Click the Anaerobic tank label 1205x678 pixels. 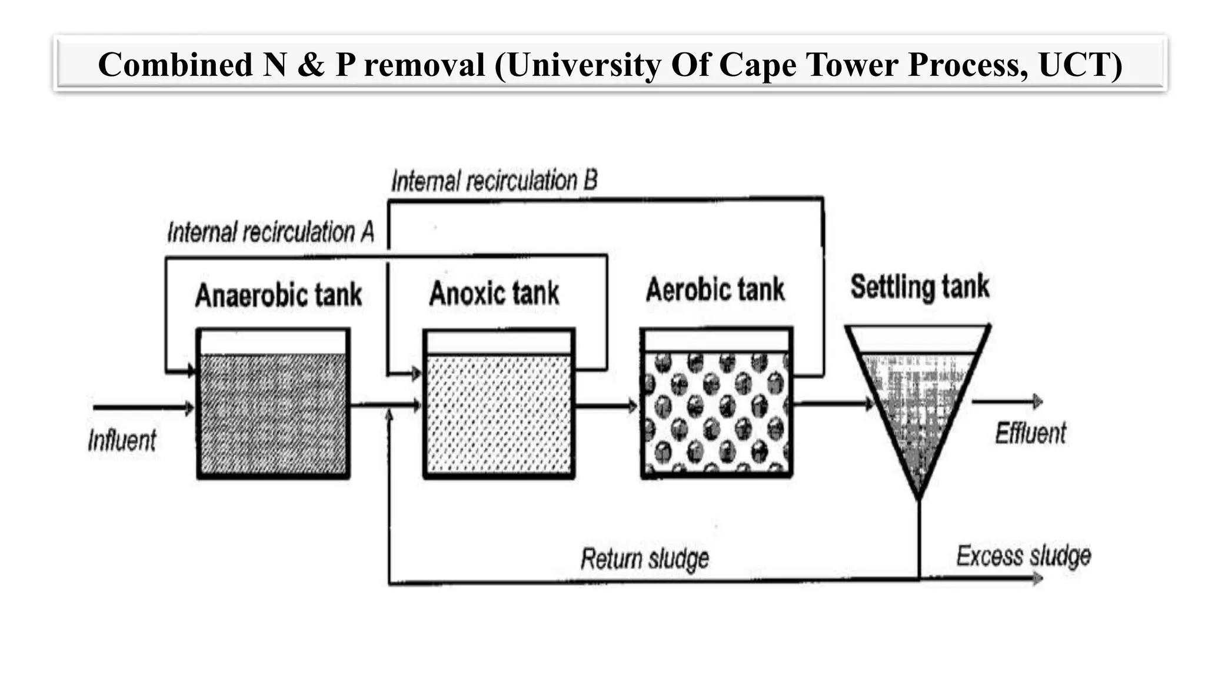(x=278, y=295)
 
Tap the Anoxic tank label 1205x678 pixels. (x=494, y=294)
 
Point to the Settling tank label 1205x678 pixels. (x=919, y=287)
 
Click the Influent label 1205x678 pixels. (x=122, y=440)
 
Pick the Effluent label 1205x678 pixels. (x=1030, y=434)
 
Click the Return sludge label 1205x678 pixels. (x=645, y=559)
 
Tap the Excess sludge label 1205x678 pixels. (x=1023, y=556)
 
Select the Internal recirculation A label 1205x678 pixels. (x=271, y=232)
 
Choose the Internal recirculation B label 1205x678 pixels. (x=494, y=181)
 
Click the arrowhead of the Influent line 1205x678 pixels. (x=190, y=408)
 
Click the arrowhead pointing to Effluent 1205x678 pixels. (x=1038, y=402)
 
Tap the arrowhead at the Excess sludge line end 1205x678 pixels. (x=1038, y=579)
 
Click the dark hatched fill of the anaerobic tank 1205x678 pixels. (x=273, y=415)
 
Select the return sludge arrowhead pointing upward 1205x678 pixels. (x=389, y=416)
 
